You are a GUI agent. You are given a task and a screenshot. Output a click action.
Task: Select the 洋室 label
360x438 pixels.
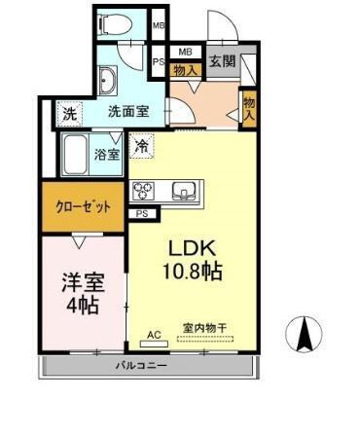(82, 281)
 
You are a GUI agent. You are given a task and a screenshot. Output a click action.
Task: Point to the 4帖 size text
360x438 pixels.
(84, 306)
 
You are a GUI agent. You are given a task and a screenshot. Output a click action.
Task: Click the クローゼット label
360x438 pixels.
(82, 207)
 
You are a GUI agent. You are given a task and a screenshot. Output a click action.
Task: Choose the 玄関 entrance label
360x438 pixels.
(223, 60)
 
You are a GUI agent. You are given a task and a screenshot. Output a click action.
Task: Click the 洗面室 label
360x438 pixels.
(127, 112)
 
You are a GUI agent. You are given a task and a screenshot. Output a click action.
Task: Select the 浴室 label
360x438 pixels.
(106, 154)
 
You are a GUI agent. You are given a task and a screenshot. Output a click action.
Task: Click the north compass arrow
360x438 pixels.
(304, 336)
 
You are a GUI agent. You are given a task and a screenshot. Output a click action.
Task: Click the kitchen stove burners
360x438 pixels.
(142, 190)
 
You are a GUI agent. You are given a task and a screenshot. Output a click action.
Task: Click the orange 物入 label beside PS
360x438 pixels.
(185, 69)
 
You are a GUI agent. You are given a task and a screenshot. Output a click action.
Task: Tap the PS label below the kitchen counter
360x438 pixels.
(142, 213)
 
